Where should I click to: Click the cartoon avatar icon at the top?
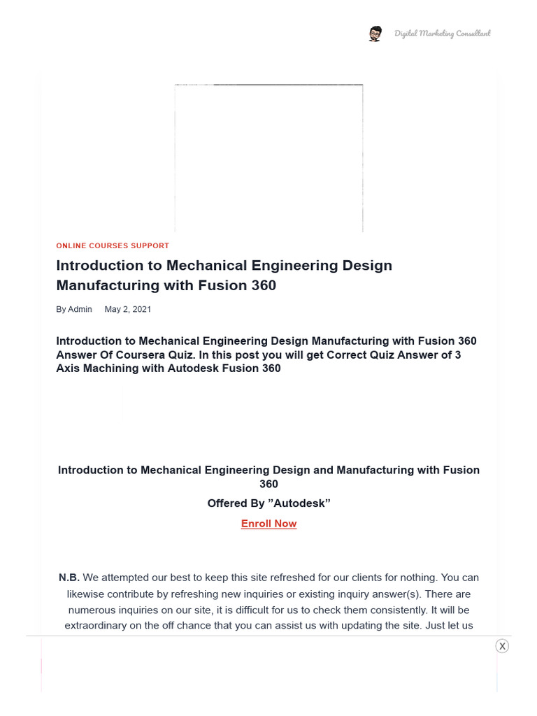coord(375,34)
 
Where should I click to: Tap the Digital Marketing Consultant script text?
coord(442,34)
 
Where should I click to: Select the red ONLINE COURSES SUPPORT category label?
coord(113,246)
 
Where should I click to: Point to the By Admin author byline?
coord(74,309)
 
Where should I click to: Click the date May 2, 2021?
coord(127,309)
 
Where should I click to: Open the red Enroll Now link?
coord(268,524)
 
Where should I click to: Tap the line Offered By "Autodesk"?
coord(268,503)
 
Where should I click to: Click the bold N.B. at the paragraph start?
coord(69,578)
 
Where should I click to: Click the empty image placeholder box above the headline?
coord(268,158)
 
